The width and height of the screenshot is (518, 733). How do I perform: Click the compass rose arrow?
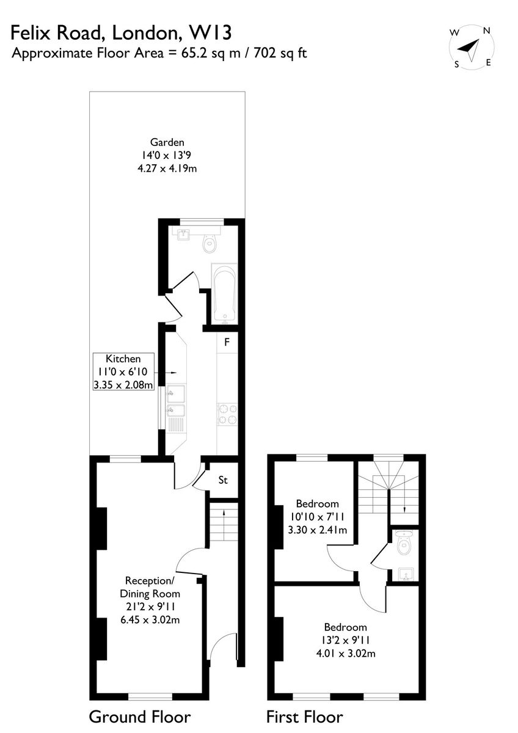pos(470,49)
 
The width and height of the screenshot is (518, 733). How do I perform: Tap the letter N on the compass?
pos(487,31)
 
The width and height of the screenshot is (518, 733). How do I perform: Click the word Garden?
pos(167,142)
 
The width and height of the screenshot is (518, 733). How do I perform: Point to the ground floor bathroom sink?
pos(184,235)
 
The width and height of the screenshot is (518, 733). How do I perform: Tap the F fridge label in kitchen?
pos(227,342)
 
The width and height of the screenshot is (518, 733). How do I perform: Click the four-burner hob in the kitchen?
pos(227,414)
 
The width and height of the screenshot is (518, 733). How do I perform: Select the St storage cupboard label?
pos(223,480)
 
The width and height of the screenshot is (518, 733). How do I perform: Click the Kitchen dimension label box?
pos(123,371)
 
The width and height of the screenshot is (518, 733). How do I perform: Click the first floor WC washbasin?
pos(406,574)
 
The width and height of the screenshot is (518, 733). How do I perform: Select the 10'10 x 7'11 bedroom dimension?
pos(317,516)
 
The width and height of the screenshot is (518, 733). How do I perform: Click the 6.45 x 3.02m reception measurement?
pos(150,619)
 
